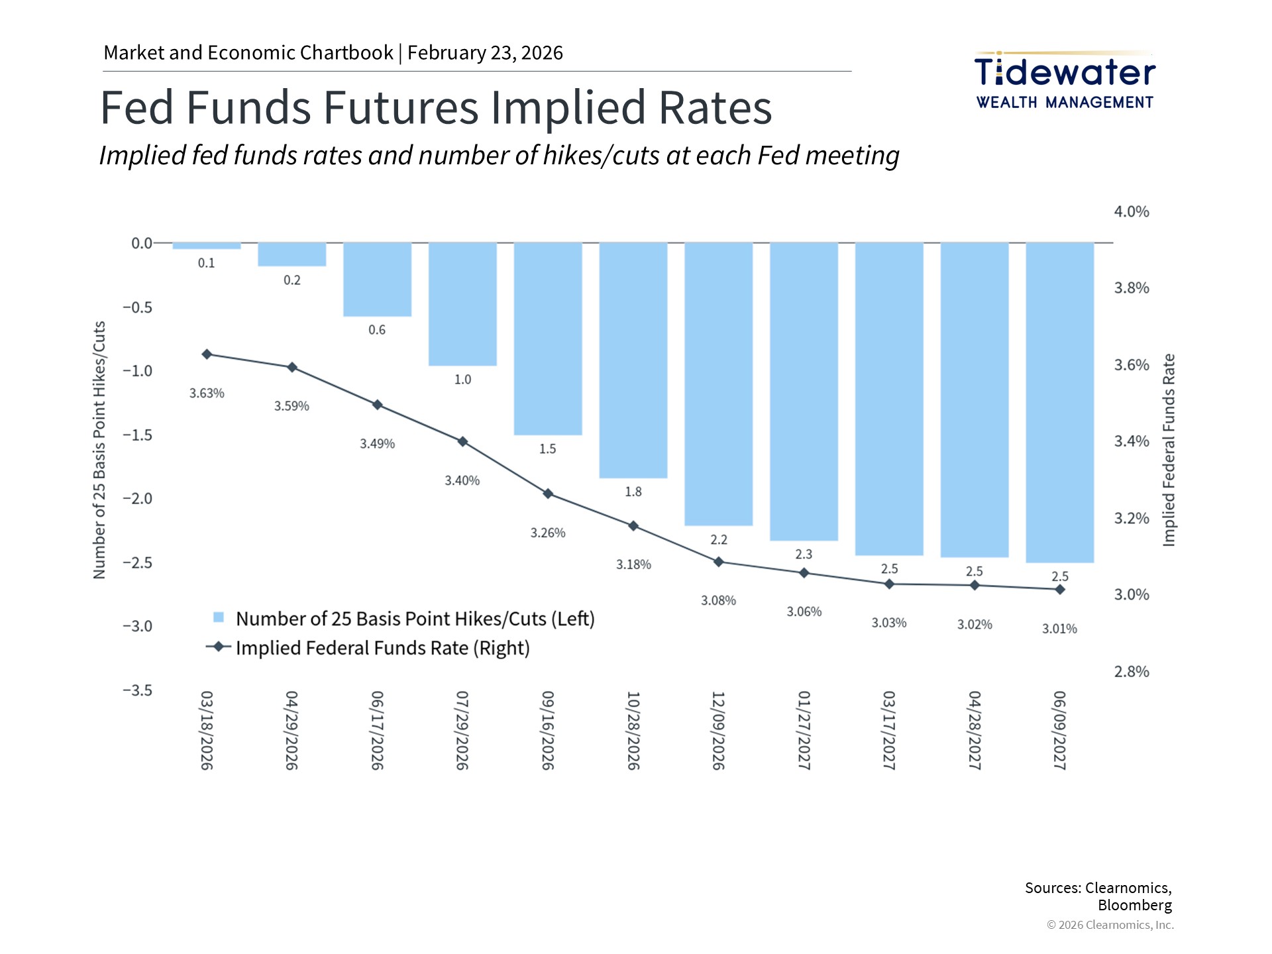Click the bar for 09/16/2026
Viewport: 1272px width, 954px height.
[x=548, y=339]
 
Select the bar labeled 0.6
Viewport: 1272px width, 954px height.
[x=377, y=280]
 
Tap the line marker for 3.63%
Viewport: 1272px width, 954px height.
[x=207, y=354]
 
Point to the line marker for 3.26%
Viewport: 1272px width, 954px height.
[x=548, y=494]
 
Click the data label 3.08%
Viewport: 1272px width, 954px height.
[x=719, y=600]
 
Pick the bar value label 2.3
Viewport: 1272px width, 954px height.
[x=804, y=554]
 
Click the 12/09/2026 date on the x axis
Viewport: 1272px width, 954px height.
[x=719, y=730]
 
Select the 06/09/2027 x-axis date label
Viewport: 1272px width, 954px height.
[x=1060, y=730]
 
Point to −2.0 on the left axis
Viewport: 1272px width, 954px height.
[x=137, y=498]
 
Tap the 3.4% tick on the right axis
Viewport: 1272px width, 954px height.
[x=1132, y=441]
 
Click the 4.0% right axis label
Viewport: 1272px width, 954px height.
[x=1132, y=211]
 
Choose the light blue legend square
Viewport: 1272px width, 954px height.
[x=219, y=617]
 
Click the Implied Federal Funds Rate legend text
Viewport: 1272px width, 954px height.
[x=383, y=648]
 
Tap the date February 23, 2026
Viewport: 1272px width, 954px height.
[x=485, y=53]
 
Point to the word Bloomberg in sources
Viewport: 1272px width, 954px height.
[x=1135, y=905]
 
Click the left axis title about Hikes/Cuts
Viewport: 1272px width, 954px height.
[x=99, y=450]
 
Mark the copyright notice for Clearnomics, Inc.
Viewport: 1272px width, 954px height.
[x=1110, y=925]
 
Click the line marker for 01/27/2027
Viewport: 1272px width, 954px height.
[x=804, y=573]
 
